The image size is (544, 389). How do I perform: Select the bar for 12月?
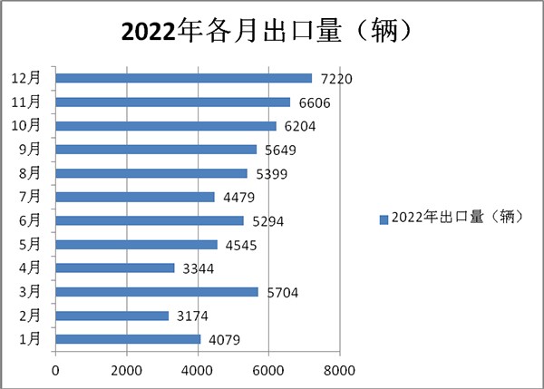[183, 79]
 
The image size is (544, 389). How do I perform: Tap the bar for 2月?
[112, 316]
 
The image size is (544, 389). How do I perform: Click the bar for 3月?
[156, 292]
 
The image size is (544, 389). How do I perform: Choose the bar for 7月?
[134, 197]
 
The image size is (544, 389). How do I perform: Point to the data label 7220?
[335, 79]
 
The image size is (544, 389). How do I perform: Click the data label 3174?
[191, 316]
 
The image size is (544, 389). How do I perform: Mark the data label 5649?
[278, 150]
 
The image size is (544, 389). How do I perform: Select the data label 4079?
[223, 339]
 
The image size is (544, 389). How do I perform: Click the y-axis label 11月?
[27, 102]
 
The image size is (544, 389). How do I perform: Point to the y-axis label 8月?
[30, 173]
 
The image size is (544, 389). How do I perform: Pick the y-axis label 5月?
[30, 244]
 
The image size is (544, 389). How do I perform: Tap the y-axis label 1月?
[30, 339]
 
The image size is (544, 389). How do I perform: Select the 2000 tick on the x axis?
[126, 370]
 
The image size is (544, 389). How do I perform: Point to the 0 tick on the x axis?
[55, 370]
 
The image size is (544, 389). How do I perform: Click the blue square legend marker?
[384, 218]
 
